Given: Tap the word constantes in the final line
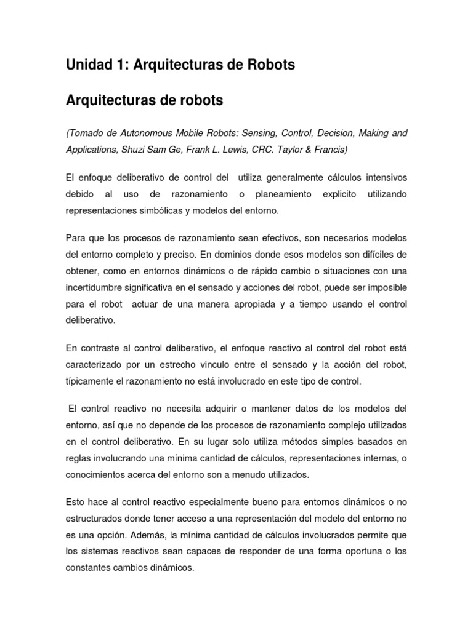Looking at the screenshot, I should point(88,569).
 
